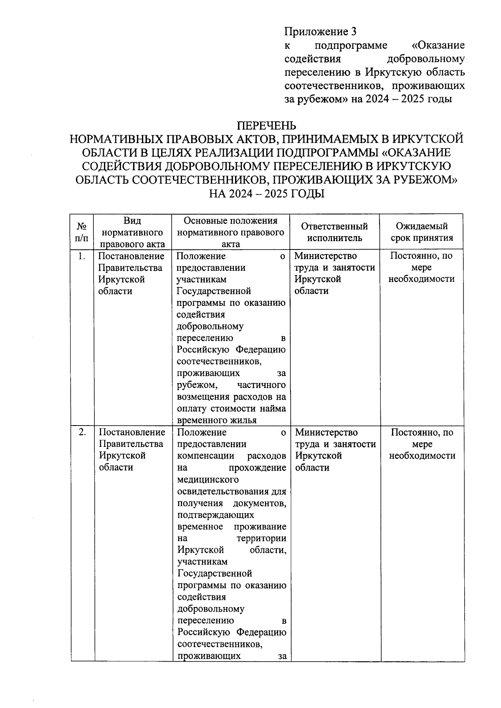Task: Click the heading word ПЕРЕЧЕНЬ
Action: [x=267, y=125]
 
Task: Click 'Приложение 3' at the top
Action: [x=321, y=32]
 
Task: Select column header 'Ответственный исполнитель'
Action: [x=334, y=232]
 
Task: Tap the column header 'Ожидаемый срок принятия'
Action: [x=422, y=232]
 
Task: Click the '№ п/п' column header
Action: [x=82, y=232]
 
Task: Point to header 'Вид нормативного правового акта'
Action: [x=132, y=232]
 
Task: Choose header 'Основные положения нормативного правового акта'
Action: [x=230, y=232]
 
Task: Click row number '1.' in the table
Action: [x=82, y=256]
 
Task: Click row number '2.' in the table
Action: [x=82, y=433]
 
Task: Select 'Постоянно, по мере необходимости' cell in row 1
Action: [x=421, y=267]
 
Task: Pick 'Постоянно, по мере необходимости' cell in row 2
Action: [x=422, y=444]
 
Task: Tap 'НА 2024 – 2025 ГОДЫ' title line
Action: [x=267, y=194]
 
